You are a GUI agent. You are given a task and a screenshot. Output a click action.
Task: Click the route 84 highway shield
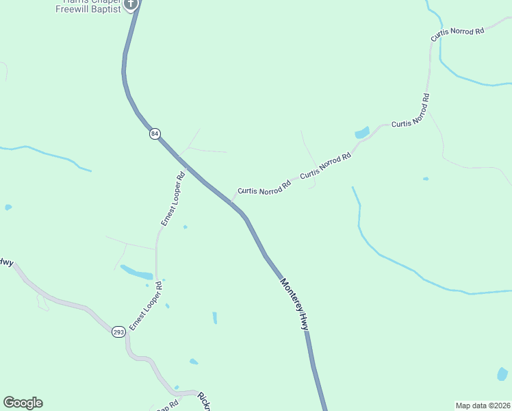[155, 134]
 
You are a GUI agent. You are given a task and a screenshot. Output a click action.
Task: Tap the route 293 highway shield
[118, 331]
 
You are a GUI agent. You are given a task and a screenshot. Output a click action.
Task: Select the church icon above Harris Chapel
[131, 3]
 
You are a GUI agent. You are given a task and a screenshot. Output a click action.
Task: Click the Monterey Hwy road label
[295, 305]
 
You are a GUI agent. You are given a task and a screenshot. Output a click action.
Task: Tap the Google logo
[23, 403]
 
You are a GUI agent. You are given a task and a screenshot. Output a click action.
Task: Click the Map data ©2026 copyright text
[483, 405]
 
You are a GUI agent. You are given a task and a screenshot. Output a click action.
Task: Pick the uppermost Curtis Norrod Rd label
[457, 34]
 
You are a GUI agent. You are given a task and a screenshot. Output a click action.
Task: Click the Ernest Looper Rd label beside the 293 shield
[145, 305]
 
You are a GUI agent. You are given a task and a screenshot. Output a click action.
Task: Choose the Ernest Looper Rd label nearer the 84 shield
[173, 199]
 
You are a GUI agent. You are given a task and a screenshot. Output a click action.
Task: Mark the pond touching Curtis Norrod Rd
[362, 132]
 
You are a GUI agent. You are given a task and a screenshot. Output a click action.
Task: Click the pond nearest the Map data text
[502, 374]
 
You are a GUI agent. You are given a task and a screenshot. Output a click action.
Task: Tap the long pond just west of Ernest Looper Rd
[136, 272]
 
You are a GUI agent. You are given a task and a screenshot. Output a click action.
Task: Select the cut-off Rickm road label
[203, 402]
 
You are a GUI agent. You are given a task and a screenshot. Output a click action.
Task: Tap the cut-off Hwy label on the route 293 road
[6, 262]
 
